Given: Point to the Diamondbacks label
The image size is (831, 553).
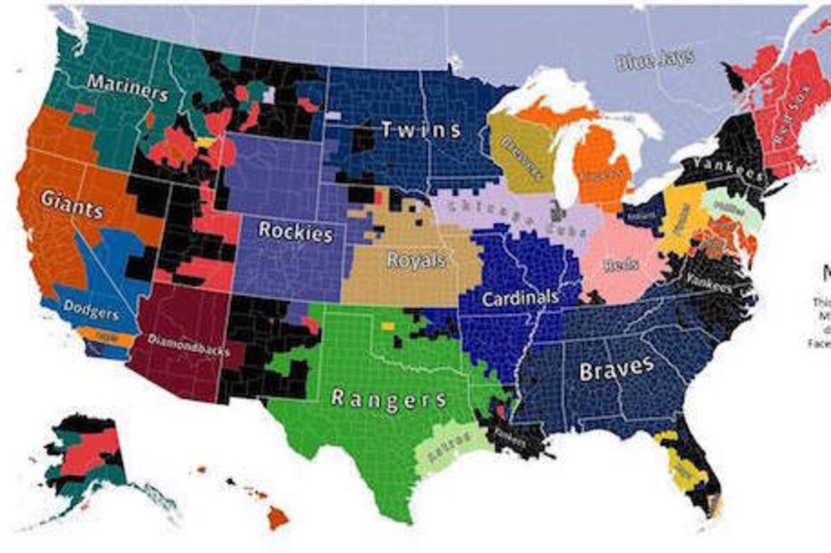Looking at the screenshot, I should [x=189, y=346].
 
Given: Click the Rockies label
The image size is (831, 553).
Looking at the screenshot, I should [x=295, y=231].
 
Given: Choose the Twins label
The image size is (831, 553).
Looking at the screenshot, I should [x=420, y=129].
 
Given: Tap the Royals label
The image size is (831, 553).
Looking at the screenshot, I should [x=415, y=260].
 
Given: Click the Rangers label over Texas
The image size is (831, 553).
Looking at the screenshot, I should [x=388, y=399].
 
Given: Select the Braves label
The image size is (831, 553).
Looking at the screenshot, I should [x=616, y=369].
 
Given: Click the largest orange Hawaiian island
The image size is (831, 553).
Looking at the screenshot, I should [x=278, y=516].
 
